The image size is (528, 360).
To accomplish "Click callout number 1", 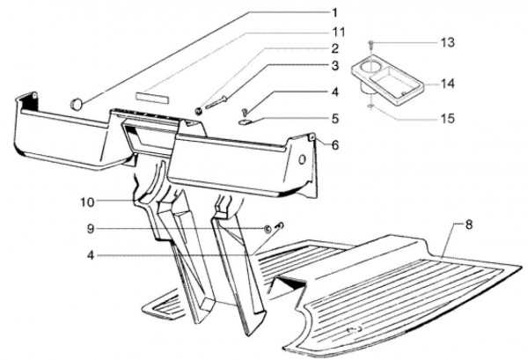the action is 334,13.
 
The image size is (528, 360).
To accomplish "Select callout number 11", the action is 339,32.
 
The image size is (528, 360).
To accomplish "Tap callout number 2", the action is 334,48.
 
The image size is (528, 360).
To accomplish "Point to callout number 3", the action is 334,66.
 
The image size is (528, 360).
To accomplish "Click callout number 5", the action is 334,119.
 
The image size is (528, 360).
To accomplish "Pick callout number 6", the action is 334,145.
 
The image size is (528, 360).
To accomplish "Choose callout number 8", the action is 469,224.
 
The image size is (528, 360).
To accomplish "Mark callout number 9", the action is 91,229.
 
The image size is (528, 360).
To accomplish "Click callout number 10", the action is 87,202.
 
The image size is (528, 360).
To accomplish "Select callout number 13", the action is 448,43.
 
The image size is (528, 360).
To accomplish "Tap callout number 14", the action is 448,84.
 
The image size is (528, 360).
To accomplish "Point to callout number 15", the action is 448,119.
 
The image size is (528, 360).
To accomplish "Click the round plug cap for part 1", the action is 77,104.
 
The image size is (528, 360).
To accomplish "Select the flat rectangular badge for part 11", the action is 151,96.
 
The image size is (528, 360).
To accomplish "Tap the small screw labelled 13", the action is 370,43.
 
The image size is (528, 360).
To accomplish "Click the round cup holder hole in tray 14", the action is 370,68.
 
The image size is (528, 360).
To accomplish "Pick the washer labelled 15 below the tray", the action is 370,107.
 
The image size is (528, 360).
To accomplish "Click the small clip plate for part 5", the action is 245,121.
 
